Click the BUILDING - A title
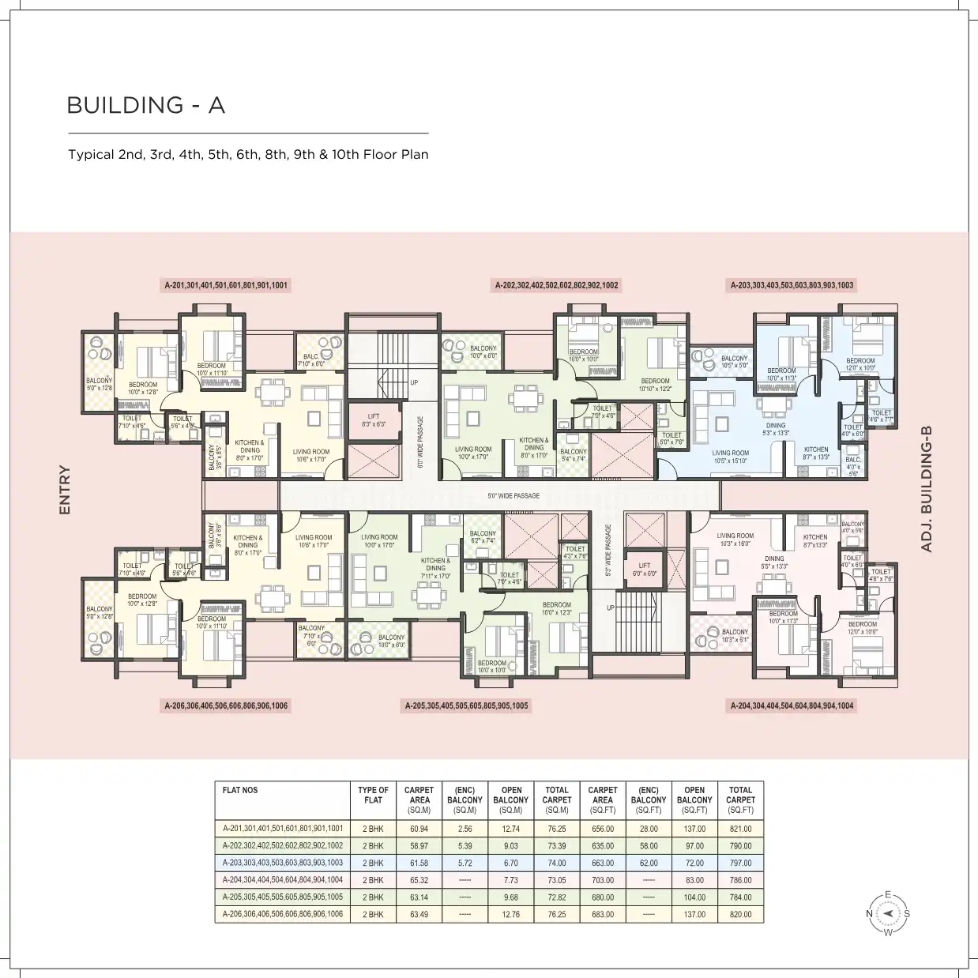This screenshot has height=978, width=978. (146, 105)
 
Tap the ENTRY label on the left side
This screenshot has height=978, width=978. (65, 491)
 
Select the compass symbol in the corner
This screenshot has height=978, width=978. (888, 913)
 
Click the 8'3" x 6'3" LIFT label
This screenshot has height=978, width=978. (374, 420)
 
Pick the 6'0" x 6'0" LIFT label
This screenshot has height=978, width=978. (645, 570)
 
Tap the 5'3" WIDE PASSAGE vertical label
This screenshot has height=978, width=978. (608, 551)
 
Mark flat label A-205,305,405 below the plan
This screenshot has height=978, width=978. (467, 705)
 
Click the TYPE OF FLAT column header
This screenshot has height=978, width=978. (373, 795)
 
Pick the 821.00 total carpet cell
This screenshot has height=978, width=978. (740, 829)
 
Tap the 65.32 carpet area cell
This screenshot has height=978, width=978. (419, 880)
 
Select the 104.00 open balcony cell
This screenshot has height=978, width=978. (694, 897)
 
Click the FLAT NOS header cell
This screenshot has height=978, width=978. (240, 790)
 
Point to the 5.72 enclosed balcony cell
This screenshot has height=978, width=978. (465, 863)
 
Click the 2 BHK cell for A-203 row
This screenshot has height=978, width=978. (373, 863)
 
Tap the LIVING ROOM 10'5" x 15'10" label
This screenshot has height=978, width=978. (730, 457)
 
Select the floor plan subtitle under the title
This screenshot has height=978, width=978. (248, 155)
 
